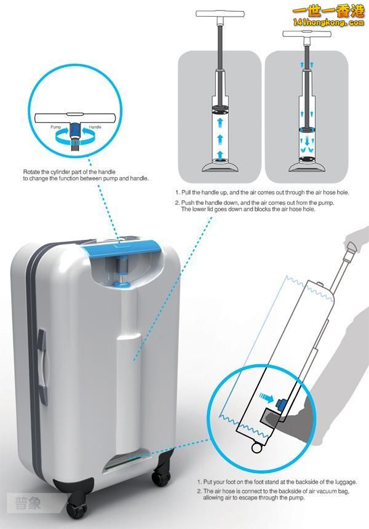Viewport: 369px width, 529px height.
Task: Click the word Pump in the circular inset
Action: click(x=55, y=127)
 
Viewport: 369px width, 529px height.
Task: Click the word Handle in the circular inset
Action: click(x=95, y=127)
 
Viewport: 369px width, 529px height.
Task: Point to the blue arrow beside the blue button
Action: click(x=266, y=397)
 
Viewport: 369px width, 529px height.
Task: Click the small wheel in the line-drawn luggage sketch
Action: click(x=256, y=448)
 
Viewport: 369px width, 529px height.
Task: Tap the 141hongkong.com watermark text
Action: click(x=328, y=23)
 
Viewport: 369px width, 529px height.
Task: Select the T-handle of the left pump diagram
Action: click(x=220, y=14)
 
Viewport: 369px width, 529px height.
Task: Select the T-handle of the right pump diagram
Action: click(x=307, y=34)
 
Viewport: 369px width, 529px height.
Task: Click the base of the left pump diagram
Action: click(x=221, y=166)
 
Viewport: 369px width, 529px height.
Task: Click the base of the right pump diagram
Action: click(x=307, y=166)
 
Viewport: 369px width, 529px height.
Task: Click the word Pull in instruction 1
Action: click(x=186, y=193)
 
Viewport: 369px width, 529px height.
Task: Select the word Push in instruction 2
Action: click(x=188, y=203)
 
